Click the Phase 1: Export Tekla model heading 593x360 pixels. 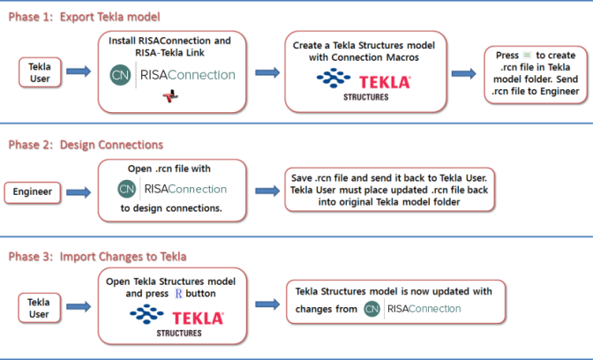point(85,17)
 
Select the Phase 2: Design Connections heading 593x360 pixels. point(85,145)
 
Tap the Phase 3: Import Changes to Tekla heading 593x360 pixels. point(97,257)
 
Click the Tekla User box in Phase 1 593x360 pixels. point(40,72)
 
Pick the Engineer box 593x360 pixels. point(39,191)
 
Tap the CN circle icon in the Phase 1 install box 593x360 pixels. point(121,74)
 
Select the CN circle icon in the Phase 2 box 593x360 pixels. point(127,188)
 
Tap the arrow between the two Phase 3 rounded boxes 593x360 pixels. point(269,304)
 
